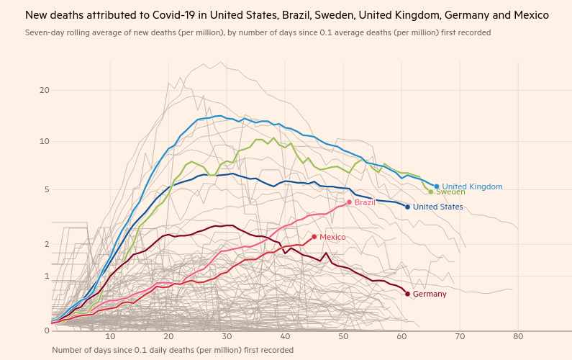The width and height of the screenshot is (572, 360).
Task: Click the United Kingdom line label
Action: [472, 186]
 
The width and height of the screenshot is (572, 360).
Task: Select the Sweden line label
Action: [451, 192]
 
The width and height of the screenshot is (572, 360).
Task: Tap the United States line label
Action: [437, 207]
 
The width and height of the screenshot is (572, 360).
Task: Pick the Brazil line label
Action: [365, 203]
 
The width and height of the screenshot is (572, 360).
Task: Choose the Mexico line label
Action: [332, 238]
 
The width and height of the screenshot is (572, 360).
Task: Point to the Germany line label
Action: [430, 294]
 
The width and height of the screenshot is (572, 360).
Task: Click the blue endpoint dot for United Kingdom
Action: [437, 186]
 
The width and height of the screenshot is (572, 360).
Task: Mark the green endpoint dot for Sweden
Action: [431, 192]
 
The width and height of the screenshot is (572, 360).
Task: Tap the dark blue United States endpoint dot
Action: [407, 207]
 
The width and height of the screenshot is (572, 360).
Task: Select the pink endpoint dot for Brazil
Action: [349, 202]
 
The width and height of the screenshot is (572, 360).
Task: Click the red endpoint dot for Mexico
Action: [314, 237]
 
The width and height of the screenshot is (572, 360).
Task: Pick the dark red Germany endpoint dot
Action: [407, 294]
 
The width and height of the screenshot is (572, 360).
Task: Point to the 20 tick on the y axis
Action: [45, 90]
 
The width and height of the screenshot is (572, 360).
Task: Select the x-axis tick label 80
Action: [517, 337]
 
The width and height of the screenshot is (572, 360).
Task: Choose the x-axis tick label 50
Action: [343, 337]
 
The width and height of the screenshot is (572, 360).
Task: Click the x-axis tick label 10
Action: [110, 337]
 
